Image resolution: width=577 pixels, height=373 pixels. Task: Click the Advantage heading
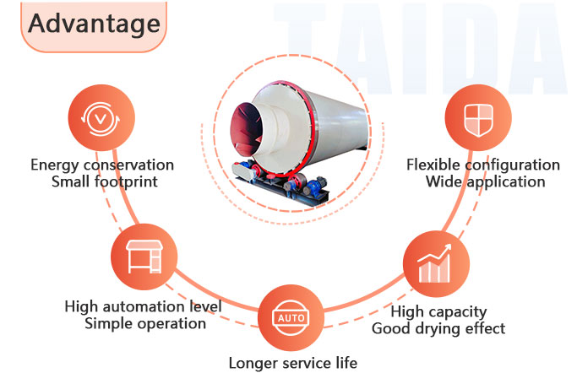[94, 23]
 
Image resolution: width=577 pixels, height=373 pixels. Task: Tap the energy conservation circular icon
[101, 119]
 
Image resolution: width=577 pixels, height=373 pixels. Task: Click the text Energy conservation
[102, 165]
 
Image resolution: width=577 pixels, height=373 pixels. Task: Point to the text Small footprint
[102, 181]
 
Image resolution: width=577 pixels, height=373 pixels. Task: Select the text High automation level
[144, 306]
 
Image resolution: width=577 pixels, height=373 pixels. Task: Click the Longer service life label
[293, 364]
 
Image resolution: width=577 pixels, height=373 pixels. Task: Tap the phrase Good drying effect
[438, 328]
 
